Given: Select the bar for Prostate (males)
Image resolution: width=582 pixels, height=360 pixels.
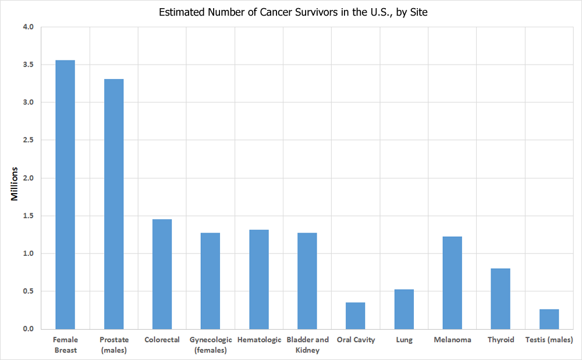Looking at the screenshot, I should coord(113,204).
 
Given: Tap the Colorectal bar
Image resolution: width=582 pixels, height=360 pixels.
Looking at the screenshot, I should coord(162,274).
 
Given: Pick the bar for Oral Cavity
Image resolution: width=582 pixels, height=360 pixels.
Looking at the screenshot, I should coord(356,316).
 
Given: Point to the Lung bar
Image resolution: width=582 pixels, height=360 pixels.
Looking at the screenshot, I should coord(404,309).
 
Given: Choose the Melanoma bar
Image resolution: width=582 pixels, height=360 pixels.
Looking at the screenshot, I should coord(452,283).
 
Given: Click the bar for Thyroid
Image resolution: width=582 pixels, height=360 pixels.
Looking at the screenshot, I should coord(501,298).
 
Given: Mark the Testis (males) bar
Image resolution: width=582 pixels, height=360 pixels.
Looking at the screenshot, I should coord(549,319).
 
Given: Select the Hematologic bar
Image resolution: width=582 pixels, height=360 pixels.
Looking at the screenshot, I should coord(259,279).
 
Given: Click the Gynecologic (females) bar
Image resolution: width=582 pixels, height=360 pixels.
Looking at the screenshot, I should coord(210,281).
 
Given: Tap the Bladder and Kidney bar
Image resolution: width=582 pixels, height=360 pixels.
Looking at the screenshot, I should coord(307,281).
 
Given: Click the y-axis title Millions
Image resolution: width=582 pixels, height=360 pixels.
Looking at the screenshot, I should coord(15,184).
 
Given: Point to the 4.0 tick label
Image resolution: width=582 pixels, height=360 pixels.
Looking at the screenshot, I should coord(29,27).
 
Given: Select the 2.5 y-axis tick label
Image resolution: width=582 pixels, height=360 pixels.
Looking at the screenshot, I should coord(29,140).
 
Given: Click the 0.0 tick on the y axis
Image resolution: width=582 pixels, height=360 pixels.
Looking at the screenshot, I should coord(29,329).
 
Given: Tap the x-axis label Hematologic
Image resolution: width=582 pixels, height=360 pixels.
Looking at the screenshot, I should coord(259,340).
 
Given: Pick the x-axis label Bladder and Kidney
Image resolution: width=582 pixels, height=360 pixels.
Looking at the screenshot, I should coord(307,345).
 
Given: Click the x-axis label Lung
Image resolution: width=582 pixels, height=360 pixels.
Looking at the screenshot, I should coord(404,340).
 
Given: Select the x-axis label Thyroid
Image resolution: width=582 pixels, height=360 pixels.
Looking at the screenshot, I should coord(501,340).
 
